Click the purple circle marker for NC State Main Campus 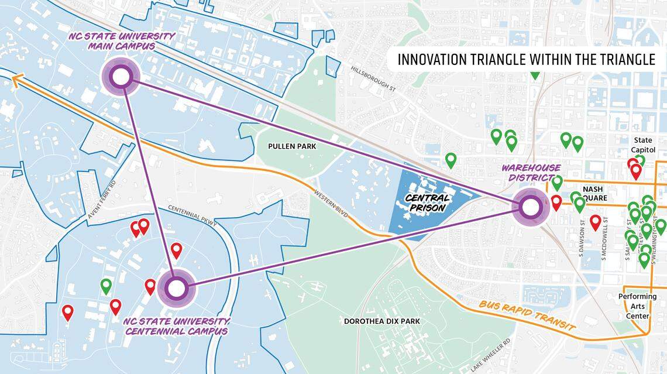pos(120,77)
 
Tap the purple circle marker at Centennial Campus pos(176,288)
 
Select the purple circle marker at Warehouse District pos(531,207)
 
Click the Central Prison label pos(426,203)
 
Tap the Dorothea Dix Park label pos(381,321)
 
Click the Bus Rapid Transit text pos(527,317)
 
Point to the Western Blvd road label pos(331,204)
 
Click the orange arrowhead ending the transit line pos(16,80)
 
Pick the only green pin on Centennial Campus pos(106,286)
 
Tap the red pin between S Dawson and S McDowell pos(596,222)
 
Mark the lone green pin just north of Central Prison pos(451,159)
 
